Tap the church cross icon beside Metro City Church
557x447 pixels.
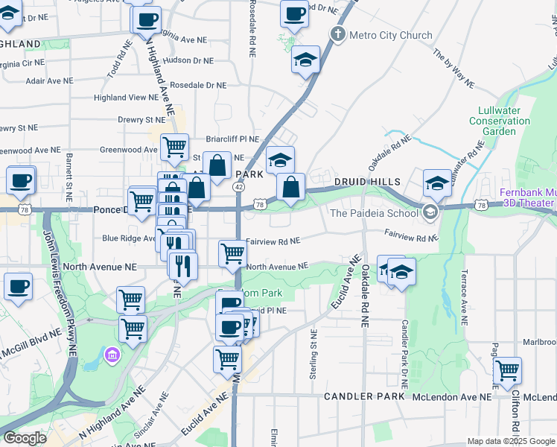click(x=338, y=34)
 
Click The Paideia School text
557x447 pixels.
click(x=375, y=213)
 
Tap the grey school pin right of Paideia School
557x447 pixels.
click(x=430, y=212)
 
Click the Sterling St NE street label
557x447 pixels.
click(x=312, y=355)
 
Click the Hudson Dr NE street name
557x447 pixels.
click(x=187, y=60)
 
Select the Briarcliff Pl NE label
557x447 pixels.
click(x=232, y=139)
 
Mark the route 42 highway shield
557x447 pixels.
click(x=238, y=188)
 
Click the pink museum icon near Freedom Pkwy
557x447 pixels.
click(x=112, y=352)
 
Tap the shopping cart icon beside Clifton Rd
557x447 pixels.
click(x=507, y=370)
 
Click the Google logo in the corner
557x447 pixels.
click(x=24, y=438)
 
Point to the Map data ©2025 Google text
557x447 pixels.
click(x=510, y=441)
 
